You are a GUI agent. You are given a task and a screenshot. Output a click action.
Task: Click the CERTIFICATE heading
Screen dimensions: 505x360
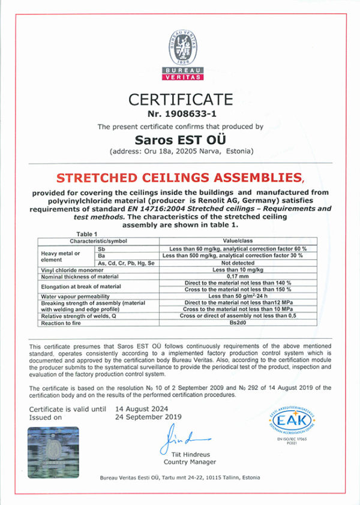pos(180,99)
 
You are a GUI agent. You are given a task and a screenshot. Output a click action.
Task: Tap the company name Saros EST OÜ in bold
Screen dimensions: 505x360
pos(180,140)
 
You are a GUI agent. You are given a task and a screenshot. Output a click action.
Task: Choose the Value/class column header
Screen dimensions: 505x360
pos(239,240)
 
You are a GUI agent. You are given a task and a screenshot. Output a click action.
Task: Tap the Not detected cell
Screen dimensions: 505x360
pos(239,262)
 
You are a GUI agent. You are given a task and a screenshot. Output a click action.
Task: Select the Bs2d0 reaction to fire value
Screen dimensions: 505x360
pos(239,323)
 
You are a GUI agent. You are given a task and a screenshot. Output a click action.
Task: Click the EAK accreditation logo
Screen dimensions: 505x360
pos(293,419)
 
